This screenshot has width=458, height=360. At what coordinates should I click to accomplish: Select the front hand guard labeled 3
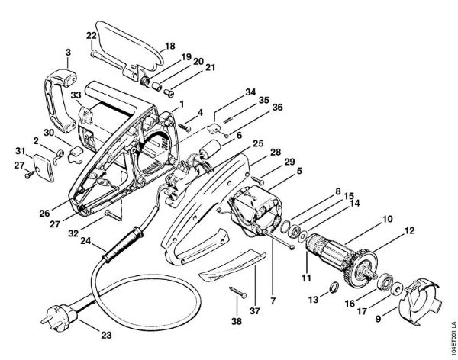[x=60, y=84]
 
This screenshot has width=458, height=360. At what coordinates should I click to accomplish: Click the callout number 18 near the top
[x=169, y=46]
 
